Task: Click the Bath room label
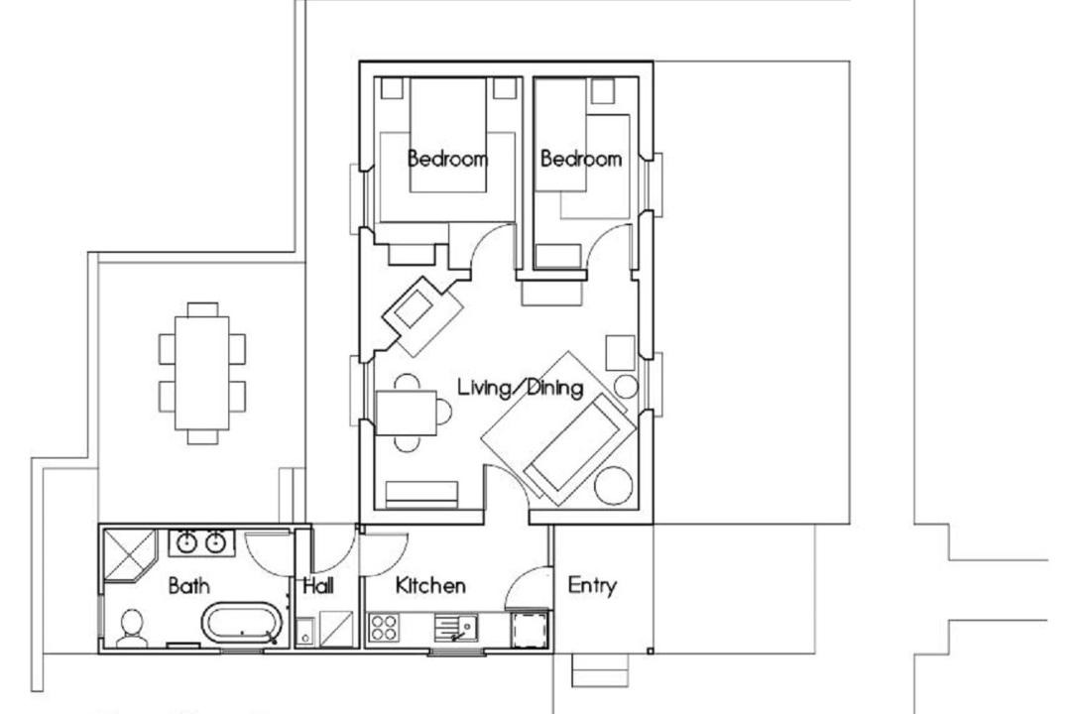click(x=188, y=585)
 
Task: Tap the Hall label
click(x=318, y=585)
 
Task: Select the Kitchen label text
click(x=430, y=585)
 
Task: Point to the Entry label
click(x=592, y=585)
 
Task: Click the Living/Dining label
click(x=521, y=388)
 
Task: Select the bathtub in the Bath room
click(x=241, y=623)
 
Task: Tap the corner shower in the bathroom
click(x=130, y=554)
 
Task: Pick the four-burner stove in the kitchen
click(x=384, y=627)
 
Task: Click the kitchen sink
click(x=455, y=627)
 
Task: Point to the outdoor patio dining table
click(x=201, y=373)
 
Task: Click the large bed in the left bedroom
click(x=447, y=135)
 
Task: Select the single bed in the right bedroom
click(x=560, y=135)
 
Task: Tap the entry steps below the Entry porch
click(x=599, y=670)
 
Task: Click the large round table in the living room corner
click(x=613, y=486)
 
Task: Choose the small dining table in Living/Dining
click(x=407, y=413)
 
